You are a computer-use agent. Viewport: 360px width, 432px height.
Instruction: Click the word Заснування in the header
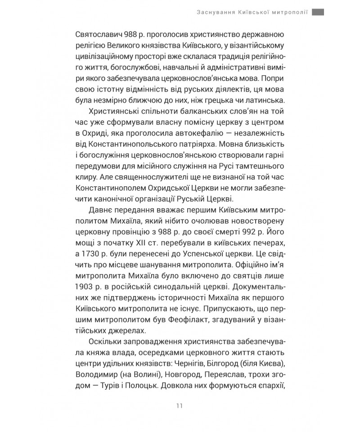tap(210, 13)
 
